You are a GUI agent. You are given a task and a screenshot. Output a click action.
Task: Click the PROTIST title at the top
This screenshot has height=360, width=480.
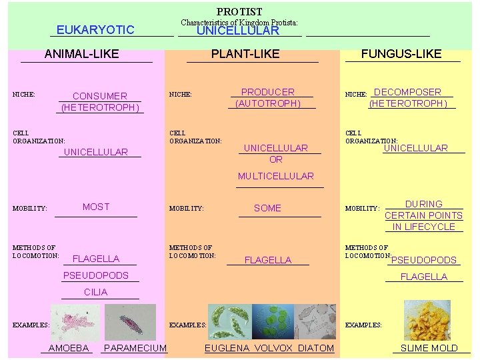pyautogui.click(x=239, y=12)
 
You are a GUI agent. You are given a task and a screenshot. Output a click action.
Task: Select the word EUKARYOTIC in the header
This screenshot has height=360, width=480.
pyautogui.click(x=95, y=30)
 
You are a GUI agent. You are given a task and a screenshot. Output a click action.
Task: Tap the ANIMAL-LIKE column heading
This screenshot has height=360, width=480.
pyautogui.click(x=81, y=54)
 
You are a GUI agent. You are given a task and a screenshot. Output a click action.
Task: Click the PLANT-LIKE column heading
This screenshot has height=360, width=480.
pyautogui.click(x=245, y=54)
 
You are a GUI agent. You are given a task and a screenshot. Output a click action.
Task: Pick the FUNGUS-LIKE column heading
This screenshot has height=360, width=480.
pyautogui.click(x=401, y=54)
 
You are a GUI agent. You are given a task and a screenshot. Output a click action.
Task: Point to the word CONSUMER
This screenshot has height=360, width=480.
pyautogui.click(x=99, y=96)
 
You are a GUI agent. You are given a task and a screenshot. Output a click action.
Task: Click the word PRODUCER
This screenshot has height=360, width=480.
pyautogui.click(x=267, y=92)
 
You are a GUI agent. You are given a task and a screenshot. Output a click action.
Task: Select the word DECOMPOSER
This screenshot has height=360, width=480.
pyautogui.click(x=408, y=92)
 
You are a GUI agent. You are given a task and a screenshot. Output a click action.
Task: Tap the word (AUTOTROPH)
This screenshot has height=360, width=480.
pyautogui.click(x=268, y=103)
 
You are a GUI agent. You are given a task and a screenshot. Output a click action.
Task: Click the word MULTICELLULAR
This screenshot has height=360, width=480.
pyautogui.click(x=276, y=176)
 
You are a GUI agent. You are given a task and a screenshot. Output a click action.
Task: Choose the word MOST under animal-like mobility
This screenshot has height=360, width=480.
pyautogui.click(x=96, y=207)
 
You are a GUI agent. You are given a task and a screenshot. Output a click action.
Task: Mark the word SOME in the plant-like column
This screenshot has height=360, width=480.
pyautogui.click(x=267, y=208)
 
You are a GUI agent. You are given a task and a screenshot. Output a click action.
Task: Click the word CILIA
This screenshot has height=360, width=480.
pyautogui.click(x=96, y=292)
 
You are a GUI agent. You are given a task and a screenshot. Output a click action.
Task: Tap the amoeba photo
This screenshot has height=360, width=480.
pyautogui.click(x=75, y=323)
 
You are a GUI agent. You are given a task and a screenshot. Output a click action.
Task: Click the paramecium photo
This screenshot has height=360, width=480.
pyautogui.click(x=130, y=323)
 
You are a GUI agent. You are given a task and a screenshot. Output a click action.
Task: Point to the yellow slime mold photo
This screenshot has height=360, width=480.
pyautogui.click(x=427, y=321)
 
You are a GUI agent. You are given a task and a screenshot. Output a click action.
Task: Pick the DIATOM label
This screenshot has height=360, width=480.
pyautogui.click(x=316, y=348)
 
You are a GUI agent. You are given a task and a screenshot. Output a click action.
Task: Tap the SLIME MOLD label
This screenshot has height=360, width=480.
pyautogui.click(x=429, y=348)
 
